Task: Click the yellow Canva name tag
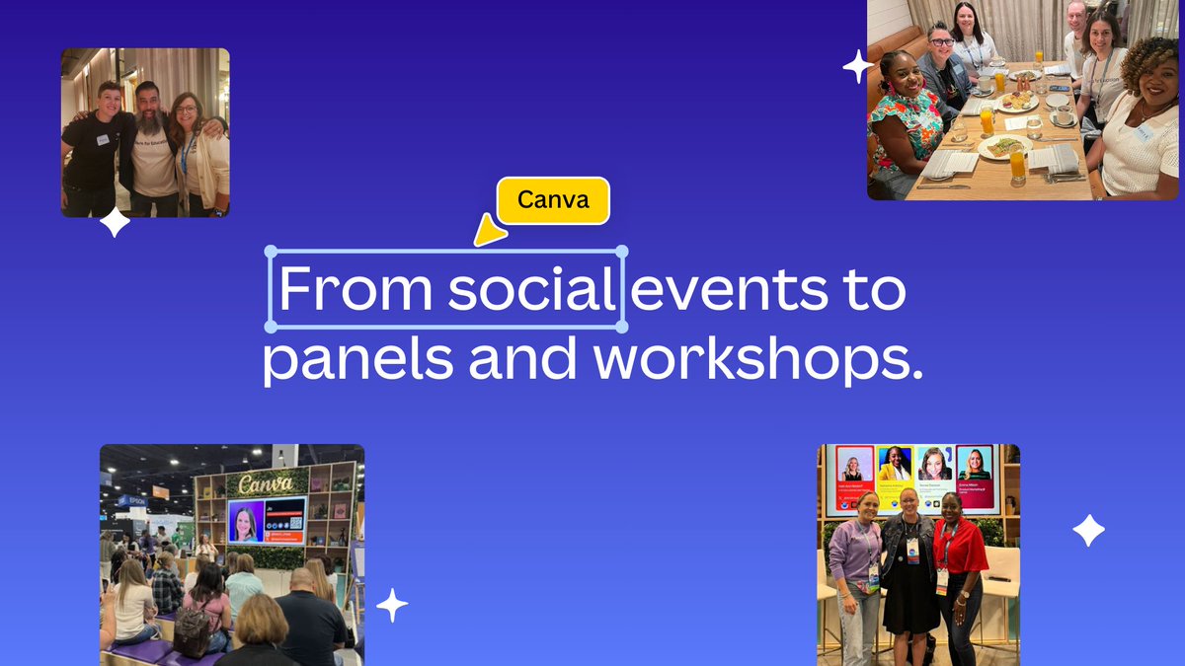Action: [553, 200]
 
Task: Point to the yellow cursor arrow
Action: [489, 234]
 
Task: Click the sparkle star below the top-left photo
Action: [115, 222]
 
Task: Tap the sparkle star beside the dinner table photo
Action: [857, 67]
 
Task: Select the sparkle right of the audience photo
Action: [392, 605]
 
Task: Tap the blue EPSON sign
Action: [132, 501]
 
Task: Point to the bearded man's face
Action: [147, 106]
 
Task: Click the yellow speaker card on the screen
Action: [894, 478]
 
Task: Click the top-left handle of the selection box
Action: [270, 252]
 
